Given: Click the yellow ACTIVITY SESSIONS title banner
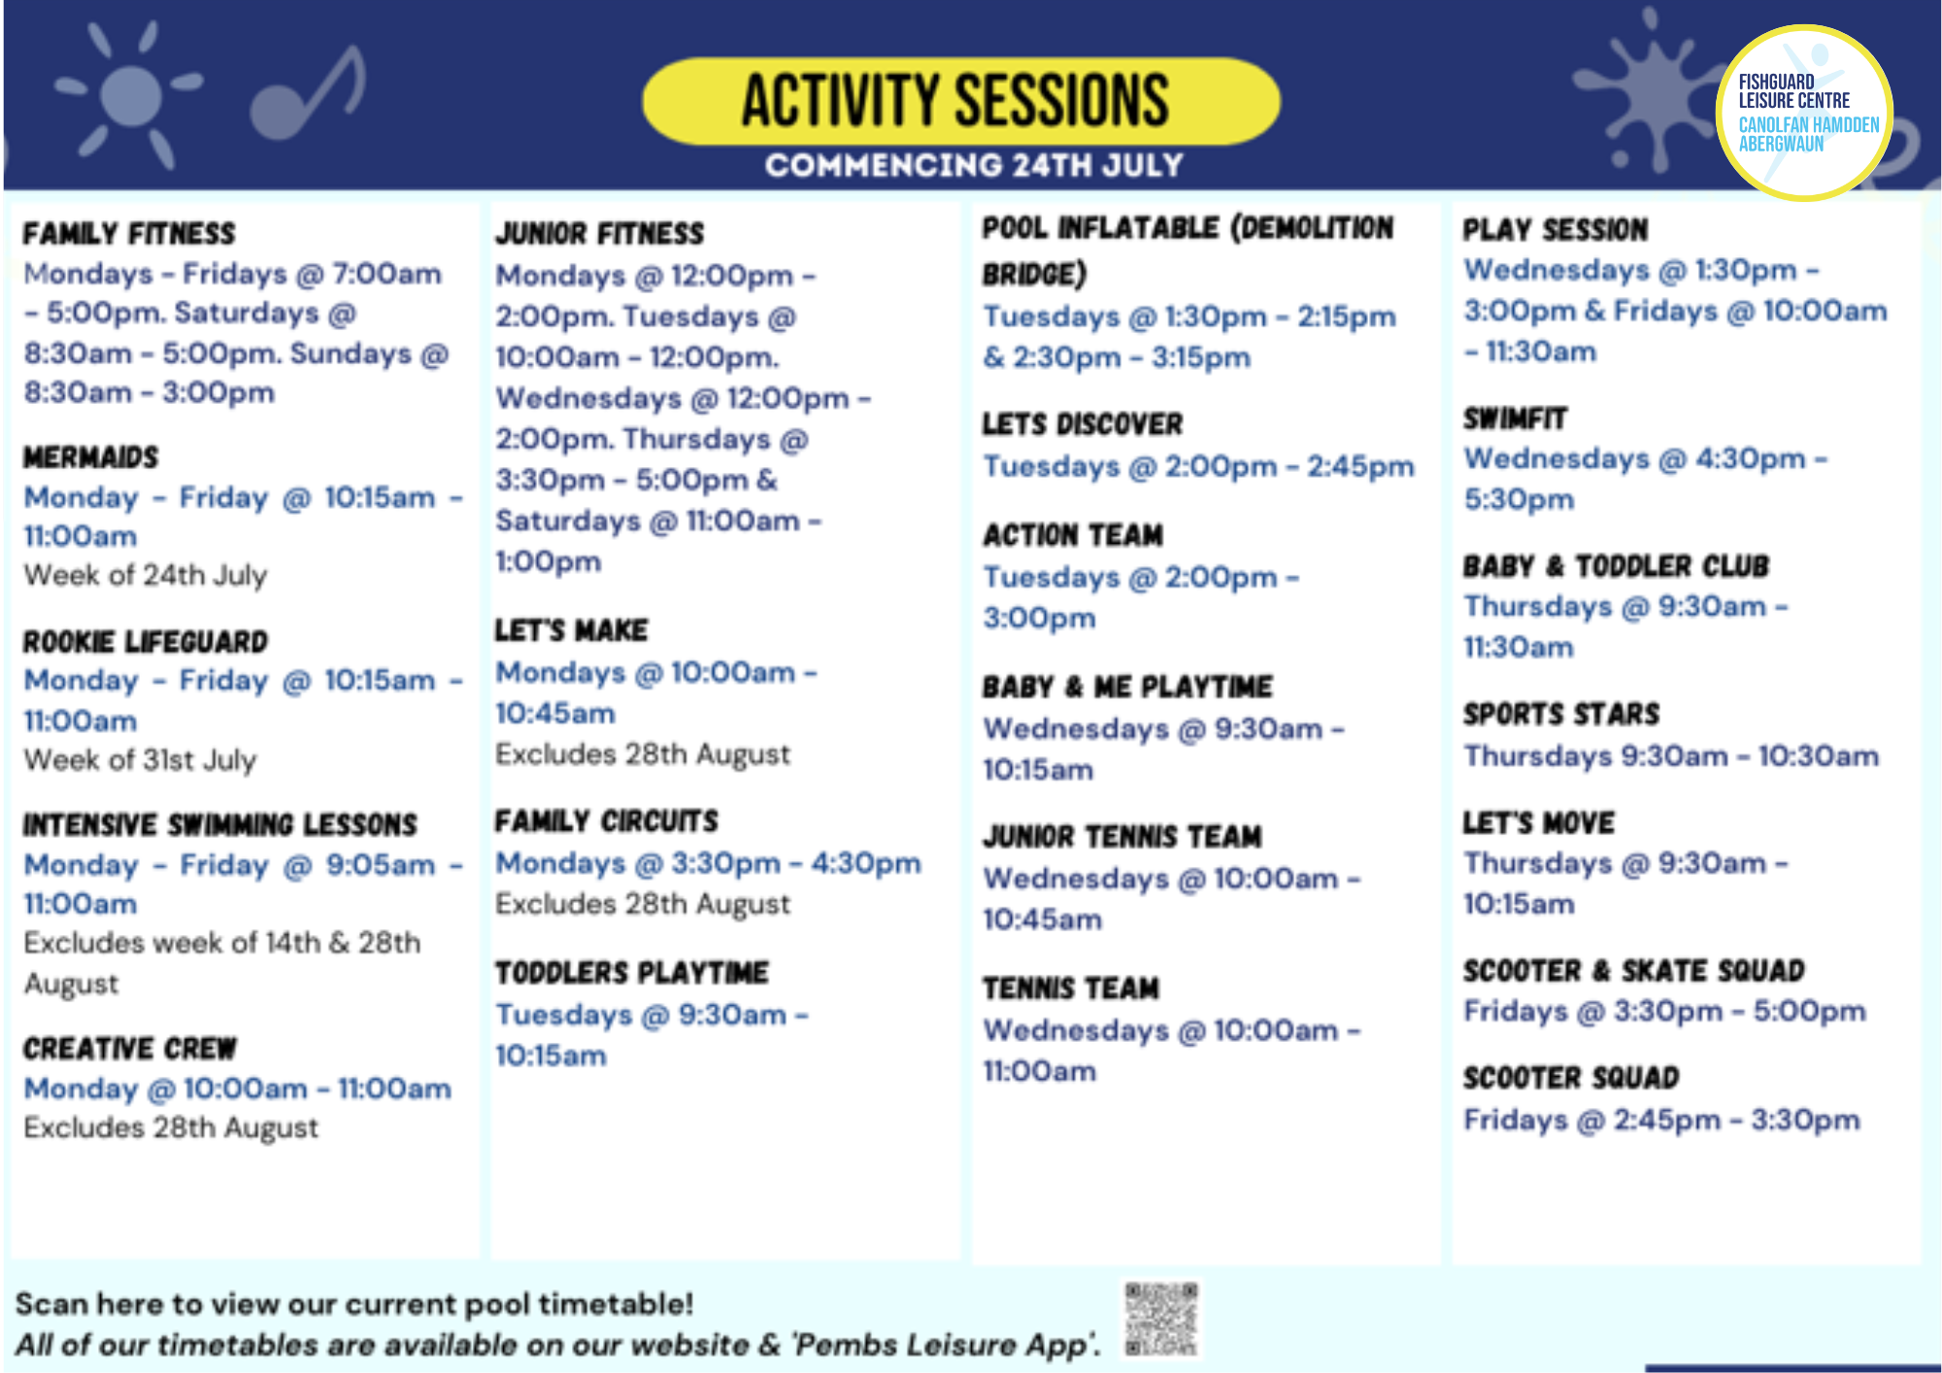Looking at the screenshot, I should coord(959,101).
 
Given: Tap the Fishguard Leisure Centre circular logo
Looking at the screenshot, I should coord(1804,113).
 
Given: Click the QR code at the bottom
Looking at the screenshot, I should coord(1161,1319).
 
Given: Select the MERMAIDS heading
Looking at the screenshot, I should coord(91,457).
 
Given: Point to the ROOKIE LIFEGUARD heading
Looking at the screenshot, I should coord(146,642).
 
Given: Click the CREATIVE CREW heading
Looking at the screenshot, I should coord(130,1049).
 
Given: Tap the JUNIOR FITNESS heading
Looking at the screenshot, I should coord(600,234).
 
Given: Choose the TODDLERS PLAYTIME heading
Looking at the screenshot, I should coord(632,973).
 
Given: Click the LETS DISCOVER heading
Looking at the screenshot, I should coord(1083,424).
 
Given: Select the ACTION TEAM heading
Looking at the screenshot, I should coord(1073,535).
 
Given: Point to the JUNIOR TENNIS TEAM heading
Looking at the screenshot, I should coord(1122,836).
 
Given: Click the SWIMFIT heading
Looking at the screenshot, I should coord(1515,419).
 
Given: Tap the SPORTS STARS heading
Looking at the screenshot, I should coord(1561,714).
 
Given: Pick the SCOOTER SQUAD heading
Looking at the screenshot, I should coord(1571,1078).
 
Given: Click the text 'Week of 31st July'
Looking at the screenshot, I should coord(141,759).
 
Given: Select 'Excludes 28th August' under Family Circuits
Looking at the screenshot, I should coord(643,904).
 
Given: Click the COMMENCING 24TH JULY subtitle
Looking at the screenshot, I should coord(974,165).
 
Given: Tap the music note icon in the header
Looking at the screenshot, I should coord(309,95).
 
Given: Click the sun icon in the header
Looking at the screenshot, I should coord(129,95).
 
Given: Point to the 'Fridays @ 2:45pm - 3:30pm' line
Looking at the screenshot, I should coord(1661,1120).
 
